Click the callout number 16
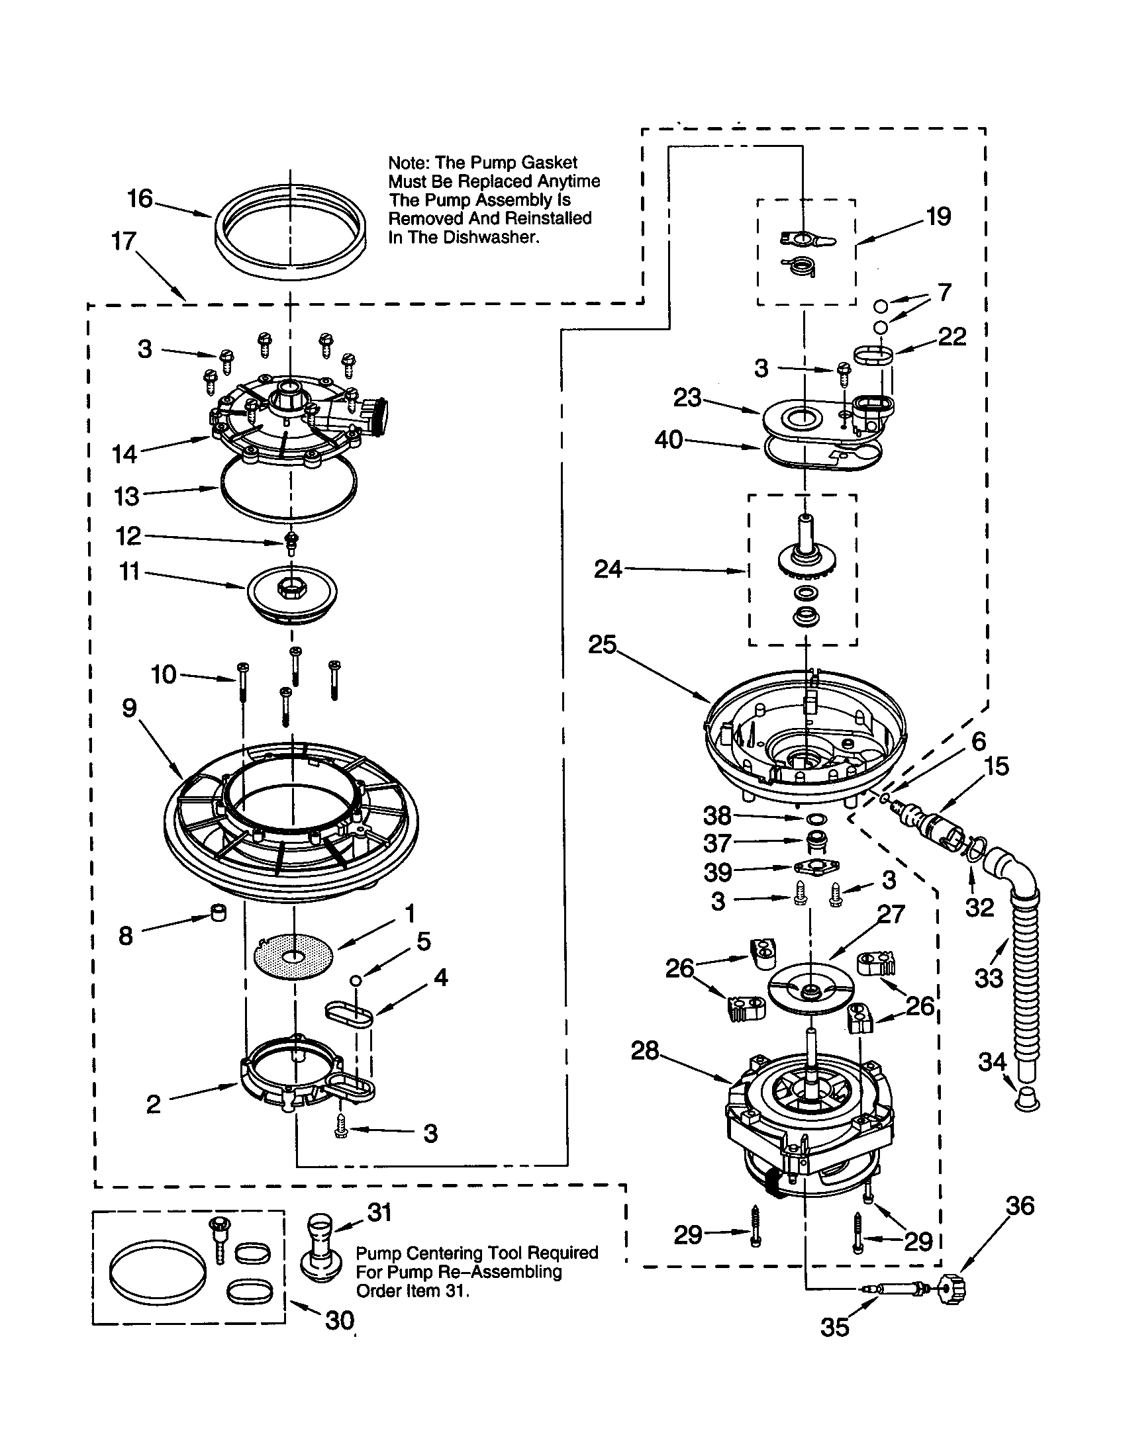[x=140, y=199]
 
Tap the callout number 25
[x=602, y=645]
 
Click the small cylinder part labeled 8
[x=218, y=912]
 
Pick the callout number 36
[x=1020, y=1205]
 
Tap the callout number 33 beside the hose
[x=989, y=979]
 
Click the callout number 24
[x=607, y=569]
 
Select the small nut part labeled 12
[x=291, y=542]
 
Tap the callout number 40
[x=668, y=440]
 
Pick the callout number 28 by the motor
[x=645, y=1052]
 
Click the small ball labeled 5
[x=356, y=979]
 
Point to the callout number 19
[x=938, y=216]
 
